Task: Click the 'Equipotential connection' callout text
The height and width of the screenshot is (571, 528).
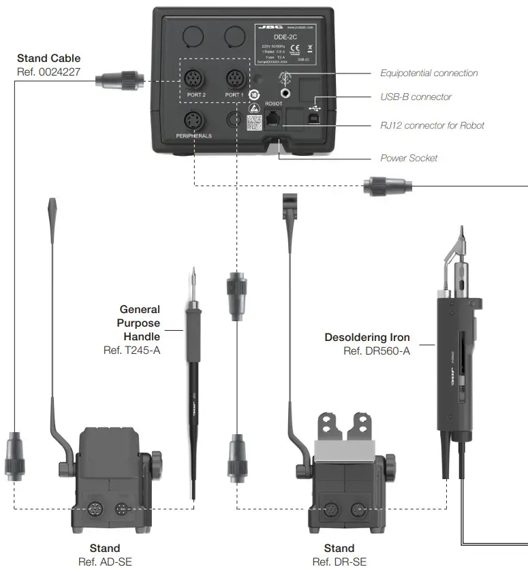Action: tap(429, 73)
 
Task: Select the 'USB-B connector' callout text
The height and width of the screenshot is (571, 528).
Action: tap(416, 97)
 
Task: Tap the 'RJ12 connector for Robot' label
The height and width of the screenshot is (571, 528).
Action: tap(432, 125)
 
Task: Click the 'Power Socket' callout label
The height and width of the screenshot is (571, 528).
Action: tap(409, 158)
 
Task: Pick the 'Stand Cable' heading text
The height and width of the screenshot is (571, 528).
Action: tap(48, 59)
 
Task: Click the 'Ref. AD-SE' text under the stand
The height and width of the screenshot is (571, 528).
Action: tap(105, 561)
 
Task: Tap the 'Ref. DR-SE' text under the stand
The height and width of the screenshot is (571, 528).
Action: tap(339, 561)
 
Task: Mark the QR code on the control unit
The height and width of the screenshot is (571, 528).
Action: tap(253, 123)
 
